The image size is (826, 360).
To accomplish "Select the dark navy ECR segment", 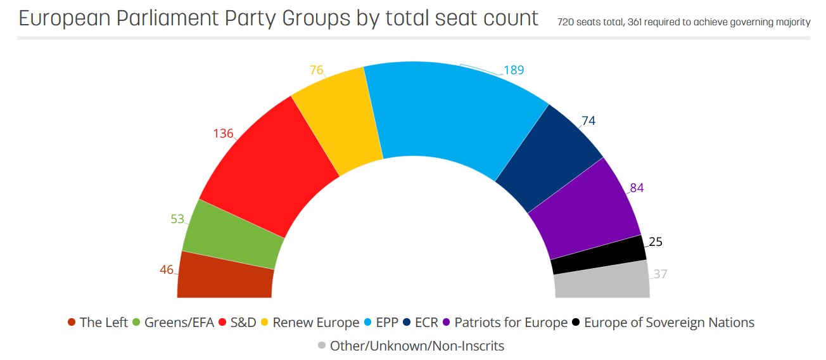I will click(548, 155).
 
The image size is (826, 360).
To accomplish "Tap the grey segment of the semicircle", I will click(602, 281).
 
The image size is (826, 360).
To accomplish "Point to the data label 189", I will click(514, 70).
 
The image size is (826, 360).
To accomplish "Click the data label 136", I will click(223, 134).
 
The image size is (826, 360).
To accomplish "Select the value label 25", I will click(656, 242).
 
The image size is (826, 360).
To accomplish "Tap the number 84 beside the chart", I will click(637, 188).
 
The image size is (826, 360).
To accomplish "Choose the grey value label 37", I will click(660, 274).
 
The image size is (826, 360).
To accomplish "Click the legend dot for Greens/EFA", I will click(136, 323).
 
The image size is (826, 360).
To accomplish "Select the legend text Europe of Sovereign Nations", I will click(669, 323).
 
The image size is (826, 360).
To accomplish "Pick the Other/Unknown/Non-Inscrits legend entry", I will click(417, 345).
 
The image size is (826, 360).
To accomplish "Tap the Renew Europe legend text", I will click(315, 323).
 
